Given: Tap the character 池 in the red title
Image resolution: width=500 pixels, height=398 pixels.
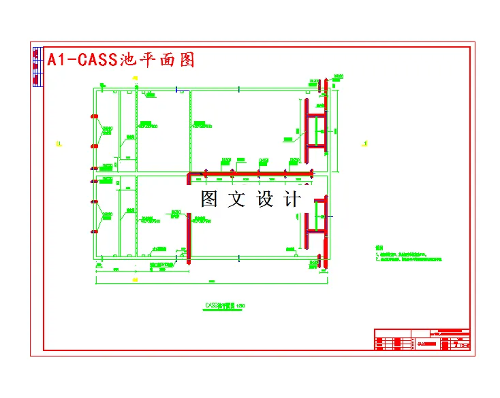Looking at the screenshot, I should click(x=128, y=60).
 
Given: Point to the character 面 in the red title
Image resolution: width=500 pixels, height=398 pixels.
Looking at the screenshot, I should click(x=167, y=60).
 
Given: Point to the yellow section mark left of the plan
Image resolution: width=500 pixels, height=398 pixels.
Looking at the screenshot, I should click(x=59, y=144).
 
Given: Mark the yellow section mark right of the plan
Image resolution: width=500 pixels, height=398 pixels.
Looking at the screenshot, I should click(x=365, y=143).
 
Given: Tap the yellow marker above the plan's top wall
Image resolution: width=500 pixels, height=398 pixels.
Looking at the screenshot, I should click(x=136, y=79).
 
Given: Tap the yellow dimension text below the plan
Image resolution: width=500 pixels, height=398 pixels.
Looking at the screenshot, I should click(x=135, y=280).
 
